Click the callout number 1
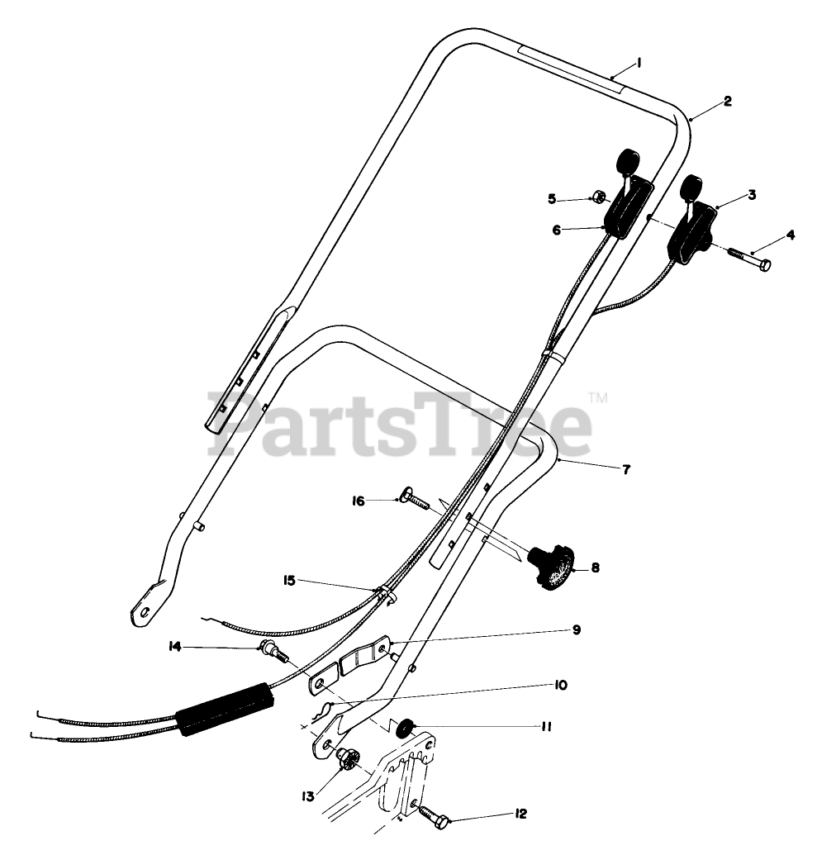point(639,63)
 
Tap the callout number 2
point(727,102)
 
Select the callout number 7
point(625,470)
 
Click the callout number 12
point(520,814)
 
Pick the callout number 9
point(576,629)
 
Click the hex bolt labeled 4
point(750,259)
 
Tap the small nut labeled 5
point(596,198)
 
